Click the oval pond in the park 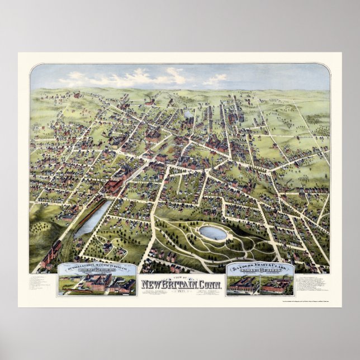(x=213, y=233)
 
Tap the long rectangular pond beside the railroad (x=93, y=219)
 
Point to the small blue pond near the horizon (x=188, y=113)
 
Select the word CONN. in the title (x=210, y=285)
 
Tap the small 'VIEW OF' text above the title (x=180, y=278)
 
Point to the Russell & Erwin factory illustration (x=97, y=285)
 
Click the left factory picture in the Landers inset (x=244, y=286)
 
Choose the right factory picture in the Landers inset (x=278, y=286)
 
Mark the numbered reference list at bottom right (x=314, y=285)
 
